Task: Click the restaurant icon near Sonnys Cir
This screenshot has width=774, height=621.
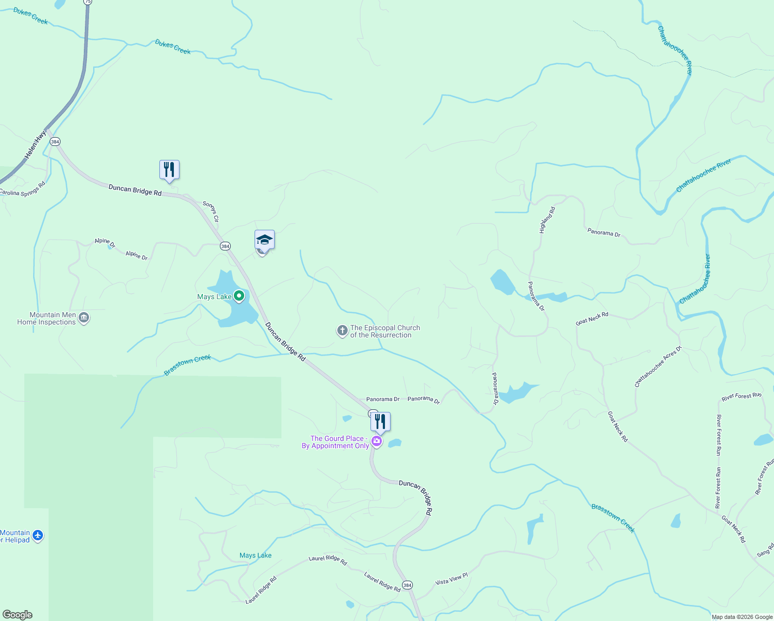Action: [x=169, y=170]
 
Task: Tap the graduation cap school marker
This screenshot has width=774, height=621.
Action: [x=264, y=240]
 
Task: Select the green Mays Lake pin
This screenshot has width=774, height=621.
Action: [x=239, y=296]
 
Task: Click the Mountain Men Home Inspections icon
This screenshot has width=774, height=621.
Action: [x=84, y=318]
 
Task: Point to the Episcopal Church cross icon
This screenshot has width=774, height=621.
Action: [x=342, y=331]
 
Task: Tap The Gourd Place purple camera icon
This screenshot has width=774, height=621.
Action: [x=377, y=441]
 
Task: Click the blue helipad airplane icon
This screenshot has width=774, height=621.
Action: [x=37, y=535]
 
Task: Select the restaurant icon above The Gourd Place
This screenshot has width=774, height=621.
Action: [x=380, y=422]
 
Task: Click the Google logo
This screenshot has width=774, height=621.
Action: [x=18, y=614]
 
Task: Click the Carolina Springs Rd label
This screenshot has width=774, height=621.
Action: [x=22, y=189]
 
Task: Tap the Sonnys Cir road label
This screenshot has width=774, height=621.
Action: [x=211, y=212]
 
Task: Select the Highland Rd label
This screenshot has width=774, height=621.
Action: [x=547, y=220]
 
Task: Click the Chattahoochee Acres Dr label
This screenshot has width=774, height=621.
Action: [x=658, y=366]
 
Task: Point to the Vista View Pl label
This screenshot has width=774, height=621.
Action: [x=451, y=579]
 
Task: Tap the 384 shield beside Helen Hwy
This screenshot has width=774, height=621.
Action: [x=55, y=141]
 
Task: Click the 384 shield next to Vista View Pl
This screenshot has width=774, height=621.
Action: [x=407, y=585]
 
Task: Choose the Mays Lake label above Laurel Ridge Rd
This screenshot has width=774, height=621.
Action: [x=256, y=555]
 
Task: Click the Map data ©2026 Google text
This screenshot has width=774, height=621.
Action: [x=742, y=616]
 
